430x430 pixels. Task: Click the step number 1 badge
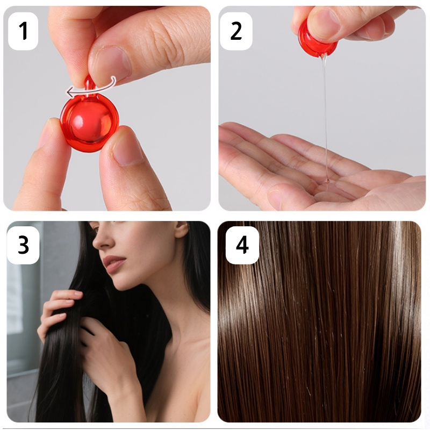tap(23, 31)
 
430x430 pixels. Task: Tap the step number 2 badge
tap(236, 31)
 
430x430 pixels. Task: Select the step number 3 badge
tap(23, 245)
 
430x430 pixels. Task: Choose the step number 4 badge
tap(242, 245)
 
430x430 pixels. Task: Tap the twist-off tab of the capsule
tap(89, 84)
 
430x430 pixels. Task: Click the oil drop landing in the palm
tap(326, 181)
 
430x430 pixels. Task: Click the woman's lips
tap(113, 263)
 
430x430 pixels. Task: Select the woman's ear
tap(182, 229)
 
